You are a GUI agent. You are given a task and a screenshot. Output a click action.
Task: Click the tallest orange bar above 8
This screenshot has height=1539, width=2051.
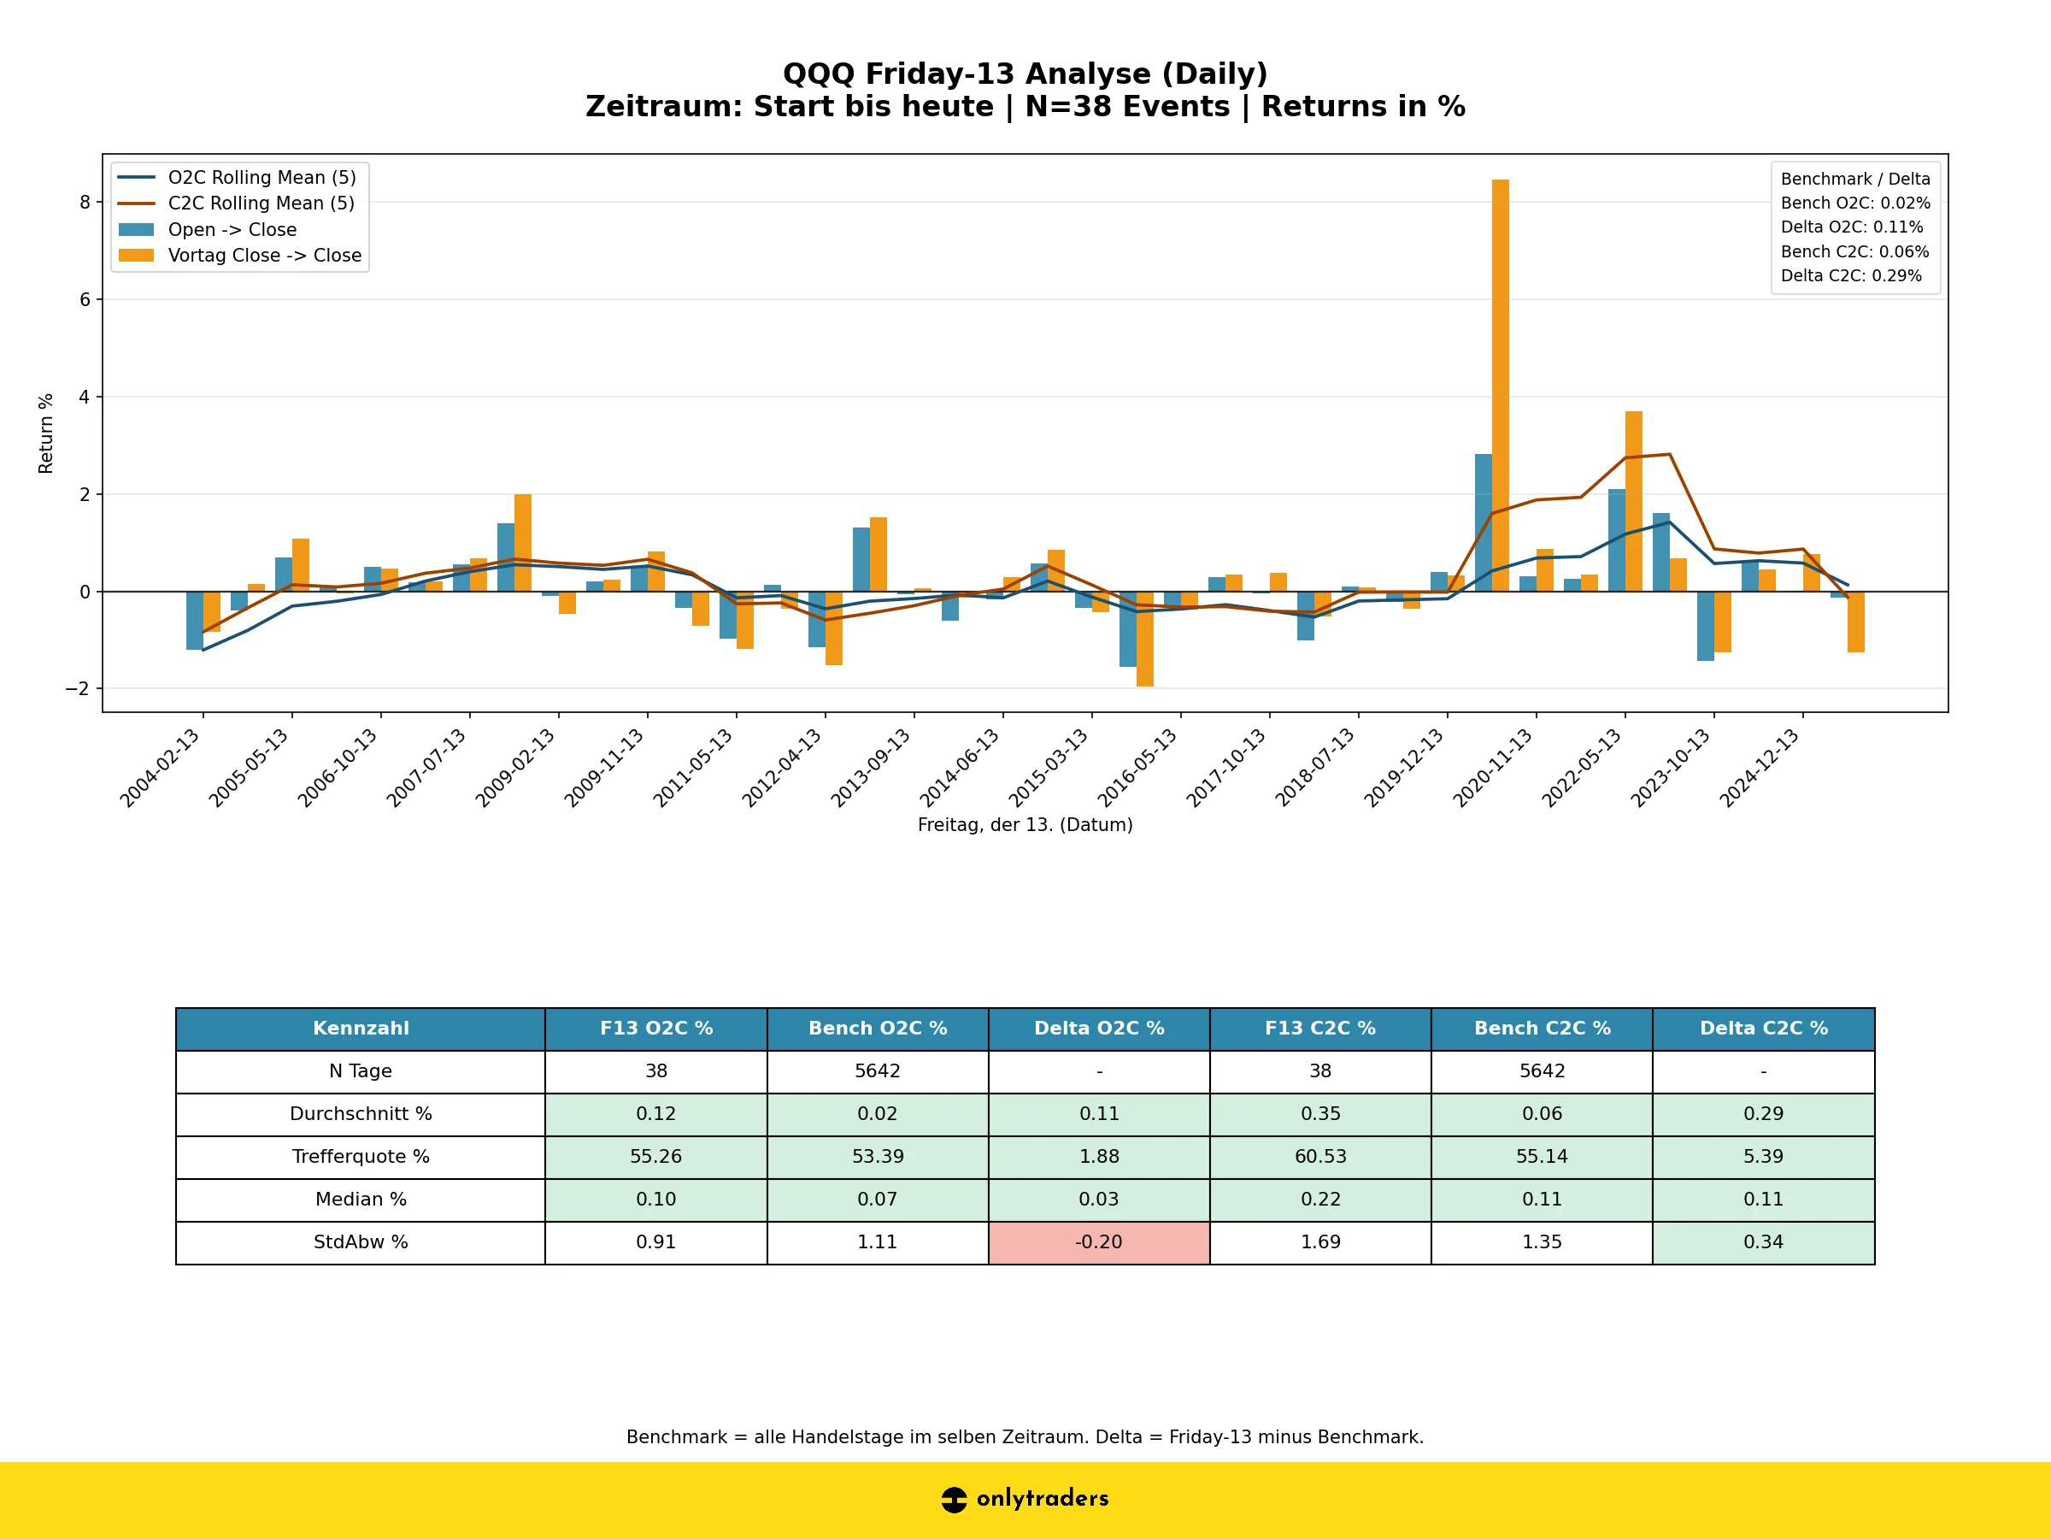(x=1501, y=385)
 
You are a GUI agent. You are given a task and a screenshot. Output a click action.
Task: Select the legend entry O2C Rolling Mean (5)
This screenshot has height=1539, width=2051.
(x=262, y=177)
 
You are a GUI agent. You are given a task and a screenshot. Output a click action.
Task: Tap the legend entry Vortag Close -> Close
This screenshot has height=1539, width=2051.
(x=264, y=255)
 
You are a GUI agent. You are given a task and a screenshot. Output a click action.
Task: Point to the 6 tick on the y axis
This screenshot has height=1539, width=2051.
(x=85, y=299)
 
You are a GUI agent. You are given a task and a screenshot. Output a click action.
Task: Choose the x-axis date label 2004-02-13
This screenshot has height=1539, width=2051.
(x=160, y=768)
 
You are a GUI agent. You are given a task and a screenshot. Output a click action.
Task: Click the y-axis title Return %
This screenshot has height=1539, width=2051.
(x=45, y=433)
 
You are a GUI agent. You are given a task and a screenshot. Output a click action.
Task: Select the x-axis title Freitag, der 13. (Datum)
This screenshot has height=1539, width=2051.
(x=1025, y=825)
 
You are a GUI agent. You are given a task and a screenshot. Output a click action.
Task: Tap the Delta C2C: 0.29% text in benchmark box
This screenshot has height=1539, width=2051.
(x=1851, y=275)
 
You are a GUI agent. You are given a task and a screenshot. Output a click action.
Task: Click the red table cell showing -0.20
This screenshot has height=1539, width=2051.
(x=1099, y=1242)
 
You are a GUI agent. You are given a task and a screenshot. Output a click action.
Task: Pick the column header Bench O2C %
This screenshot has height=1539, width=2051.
(x=877, y=1028)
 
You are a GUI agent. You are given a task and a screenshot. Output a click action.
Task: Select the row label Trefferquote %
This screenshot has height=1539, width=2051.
(x=361, y=1157)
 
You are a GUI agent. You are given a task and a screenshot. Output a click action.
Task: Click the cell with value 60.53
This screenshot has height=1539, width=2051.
(x=1320, y=1157)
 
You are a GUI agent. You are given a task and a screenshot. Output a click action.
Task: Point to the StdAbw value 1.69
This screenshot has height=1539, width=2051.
(x=1320, y=1242)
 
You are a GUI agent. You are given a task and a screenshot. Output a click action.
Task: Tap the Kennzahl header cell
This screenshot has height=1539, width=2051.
(x=361, y=1028)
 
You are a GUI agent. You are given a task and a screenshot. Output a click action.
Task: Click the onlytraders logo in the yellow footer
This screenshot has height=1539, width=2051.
(x=1025, y=1498)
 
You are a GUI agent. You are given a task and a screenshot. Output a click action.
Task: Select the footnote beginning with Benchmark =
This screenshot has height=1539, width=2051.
(x=1025, y=1437)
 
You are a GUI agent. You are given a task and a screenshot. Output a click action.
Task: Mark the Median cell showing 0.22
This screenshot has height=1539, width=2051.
(x=1320, y=1200)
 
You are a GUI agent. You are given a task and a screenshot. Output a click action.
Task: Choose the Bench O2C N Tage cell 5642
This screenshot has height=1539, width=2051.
(x=877, y=1071)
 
